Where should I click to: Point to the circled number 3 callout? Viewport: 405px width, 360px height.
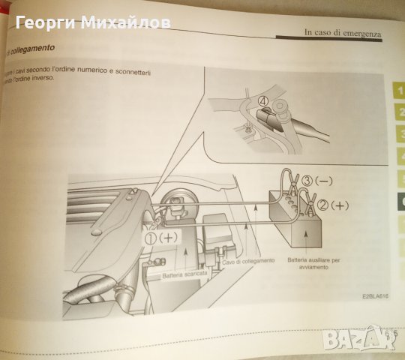tap(308, 180)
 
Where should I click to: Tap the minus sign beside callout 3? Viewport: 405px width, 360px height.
tap(330, 180)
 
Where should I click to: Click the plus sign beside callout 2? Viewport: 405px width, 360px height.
tap(341, 203)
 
